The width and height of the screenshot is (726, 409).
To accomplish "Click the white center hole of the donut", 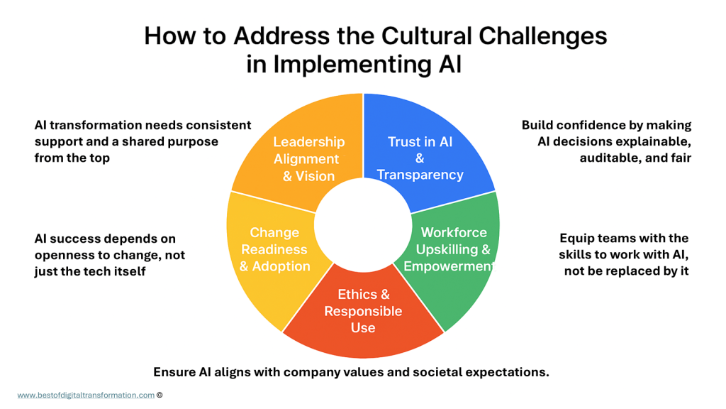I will point(363,222).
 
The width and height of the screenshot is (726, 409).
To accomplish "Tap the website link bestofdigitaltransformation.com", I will point(86,395).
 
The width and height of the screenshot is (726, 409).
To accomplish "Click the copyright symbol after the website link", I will point(160,395).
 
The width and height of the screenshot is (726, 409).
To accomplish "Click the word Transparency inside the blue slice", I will point(420,175).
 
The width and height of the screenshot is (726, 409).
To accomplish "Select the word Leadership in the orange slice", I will point(309,142).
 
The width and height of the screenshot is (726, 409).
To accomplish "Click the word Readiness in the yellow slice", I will point(274,249).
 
